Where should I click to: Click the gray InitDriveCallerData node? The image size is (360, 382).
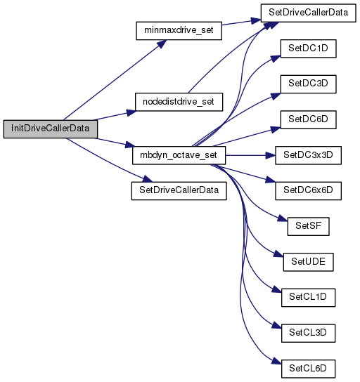point(51,129)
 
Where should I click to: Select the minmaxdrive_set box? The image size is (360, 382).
point(179,31)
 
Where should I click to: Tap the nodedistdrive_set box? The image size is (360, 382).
point(179,102)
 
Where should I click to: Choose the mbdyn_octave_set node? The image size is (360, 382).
point(179,155)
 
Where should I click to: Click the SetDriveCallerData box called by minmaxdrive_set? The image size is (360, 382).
point(308,13)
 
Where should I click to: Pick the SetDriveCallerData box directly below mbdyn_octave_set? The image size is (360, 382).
point(179,191)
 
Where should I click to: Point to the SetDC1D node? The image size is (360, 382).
point(308,48)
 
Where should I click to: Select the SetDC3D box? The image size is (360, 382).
point(308,84)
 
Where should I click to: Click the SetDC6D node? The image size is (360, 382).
point(308,119)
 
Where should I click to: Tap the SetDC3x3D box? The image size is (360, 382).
point(308,155)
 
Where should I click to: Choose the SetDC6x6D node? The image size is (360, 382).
point(308,191)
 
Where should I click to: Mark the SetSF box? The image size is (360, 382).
point(308,226)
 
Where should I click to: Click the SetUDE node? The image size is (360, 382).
point(308,262)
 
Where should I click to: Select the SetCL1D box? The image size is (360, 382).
point(308,298)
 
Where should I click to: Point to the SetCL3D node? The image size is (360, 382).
point(308,333)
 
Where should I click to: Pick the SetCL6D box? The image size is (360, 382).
point(308,369)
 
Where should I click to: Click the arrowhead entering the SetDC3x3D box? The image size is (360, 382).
point(271,155)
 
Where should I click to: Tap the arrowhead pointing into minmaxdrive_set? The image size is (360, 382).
point(162,44)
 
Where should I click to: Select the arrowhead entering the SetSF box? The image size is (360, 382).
point(283,218)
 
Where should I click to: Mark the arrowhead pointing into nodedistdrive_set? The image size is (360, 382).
point(131,112)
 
